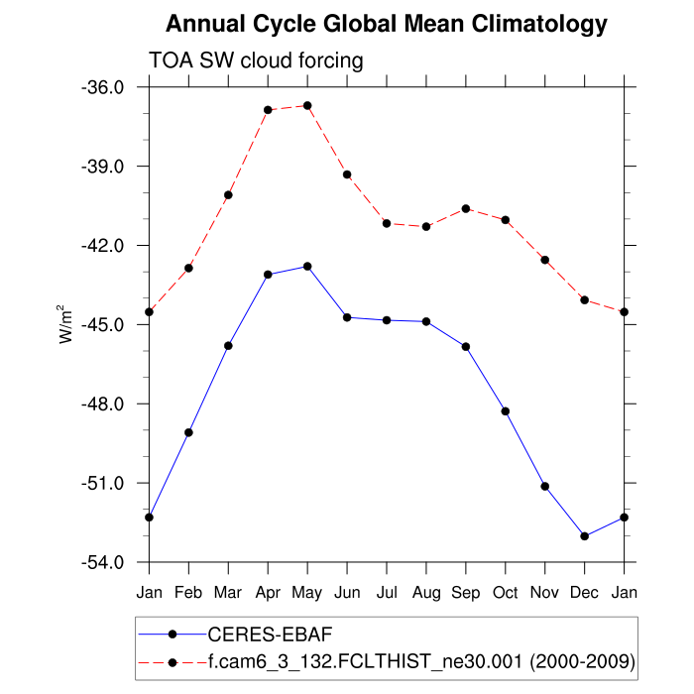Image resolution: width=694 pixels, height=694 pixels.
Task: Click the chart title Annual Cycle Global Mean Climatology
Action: (x=386, y=23)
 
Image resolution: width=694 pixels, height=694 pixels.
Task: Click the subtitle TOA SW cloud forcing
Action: (x=256, y=60)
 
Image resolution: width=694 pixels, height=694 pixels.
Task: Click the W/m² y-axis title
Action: (x=66, y=323)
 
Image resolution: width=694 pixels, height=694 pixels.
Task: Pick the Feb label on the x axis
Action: (x=188, y=592)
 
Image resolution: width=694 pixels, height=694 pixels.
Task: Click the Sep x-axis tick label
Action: (x=466, y=592)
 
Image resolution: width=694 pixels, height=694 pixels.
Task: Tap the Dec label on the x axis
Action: (x=585, y=592)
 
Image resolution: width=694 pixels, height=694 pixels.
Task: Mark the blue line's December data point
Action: (x=585, y=536)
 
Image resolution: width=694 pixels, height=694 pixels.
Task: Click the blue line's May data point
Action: (x=307, y=266)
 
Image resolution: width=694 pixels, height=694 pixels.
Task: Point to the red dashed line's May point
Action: (x=307, y=105)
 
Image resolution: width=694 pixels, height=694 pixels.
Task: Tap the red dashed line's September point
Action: (x=466, y=208)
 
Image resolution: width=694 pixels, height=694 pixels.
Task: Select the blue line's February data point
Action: (x=188, y=432)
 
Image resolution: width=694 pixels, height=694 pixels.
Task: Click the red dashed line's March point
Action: (x=228, y=194)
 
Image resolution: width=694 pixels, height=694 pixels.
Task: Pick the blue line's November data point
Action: (x=545, y=486)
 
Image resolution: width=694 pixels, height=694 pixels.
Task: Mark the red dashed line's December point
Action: (x=585, y=299)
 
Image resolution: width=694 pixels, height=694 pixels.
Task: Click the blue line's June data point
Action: (x=347, y=317)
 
